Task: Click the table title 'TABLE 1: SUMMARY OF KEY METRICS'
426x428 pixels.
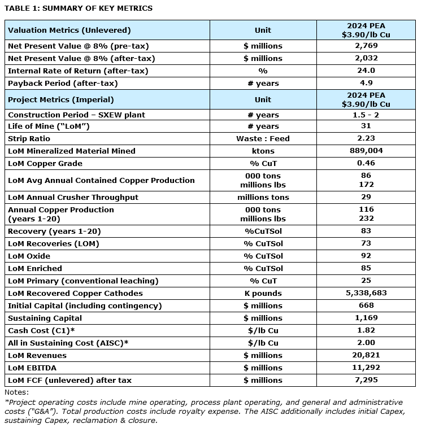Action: point(79,8)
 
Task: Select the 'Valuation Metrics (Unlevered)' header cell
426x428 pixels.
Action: point(69,30)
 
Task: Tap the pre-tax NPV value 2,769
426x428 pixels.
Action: point(366,46)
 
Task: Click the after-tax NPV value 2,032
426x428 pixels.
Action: point(366,58)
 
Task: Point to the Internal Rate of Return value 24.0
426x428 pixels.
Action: point(366,71)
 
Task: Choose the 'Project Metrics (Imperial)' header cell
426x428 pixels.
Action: point(60,99)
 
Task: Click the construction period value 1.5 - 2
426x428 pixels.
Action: point(366,115)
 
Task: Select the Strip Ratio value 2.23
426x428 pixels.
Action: point(366,138)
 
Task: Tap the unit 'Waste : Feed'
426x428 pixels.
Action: point(263,138)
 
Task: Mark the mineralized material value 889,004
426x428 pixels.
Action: point(366,151)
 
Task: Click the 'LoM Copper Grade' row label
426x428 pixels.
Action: point(45,163)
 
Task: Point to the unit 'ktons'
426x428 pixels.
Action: point(263,151)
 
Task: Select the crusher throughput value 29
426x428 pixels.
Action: point(366,197)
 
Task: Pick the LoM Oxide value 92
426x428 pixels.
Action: point(366,256)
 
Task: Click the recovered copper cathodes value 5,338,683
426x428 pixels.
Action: point(366,293)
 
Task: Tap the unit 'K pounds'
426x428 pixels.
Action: point(263,293)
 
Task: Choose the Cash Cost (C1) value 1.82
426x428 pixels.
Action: point(366,330)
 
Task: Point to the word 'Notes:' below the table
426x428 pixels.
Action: point(16,392)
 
